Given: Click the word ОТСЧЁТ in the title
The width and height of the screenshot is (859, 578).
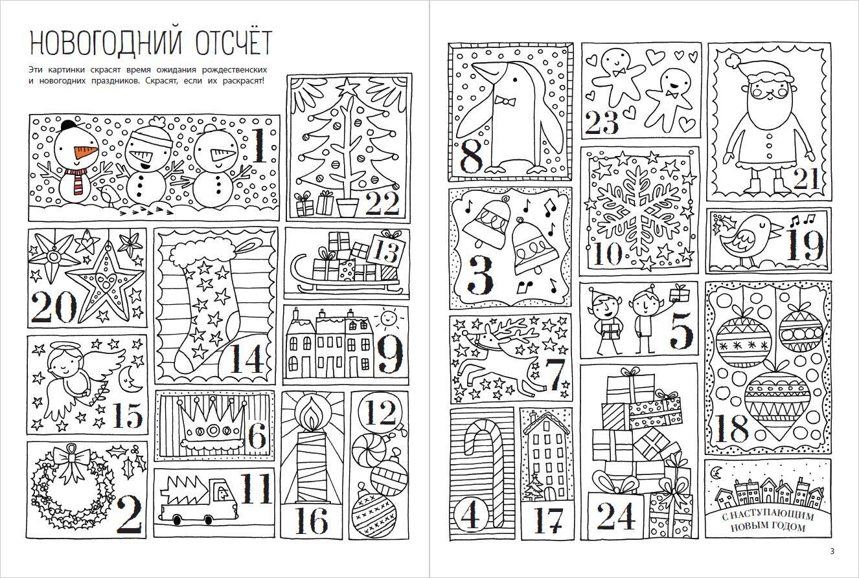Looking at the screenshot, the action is coord(234,43).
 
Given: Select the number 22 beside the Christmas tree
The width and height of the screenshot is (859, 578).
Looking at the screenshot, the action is coord(382,203).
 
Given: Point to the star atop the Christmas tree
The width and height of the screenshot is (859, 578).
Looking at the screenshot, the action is coord(347,85).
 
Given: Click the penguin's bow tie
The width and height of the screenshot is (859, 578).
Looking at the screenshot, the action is coord(504,101).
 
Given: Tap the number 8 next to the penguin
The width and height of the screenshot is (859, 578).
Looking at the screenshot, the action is coord(471,155).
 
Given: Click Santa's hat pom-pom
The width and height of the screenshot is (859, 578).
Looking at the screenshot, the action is coord(734,60).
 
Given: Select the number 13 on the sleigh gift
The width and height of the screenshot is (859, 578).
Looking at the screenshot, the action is coord(386,252).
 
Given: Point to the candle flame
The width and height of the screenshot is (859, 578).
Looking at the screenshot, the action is coord(311,416).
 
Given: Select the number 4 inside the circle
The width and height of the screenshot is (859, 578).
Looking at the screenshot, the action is coord(470,514).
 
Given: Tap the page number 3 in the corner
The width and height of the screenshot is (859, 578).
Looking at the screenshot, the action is coord(832,551).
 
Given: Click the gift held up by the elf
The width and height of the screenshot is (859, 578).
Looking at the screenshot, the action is coord(680,293).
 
